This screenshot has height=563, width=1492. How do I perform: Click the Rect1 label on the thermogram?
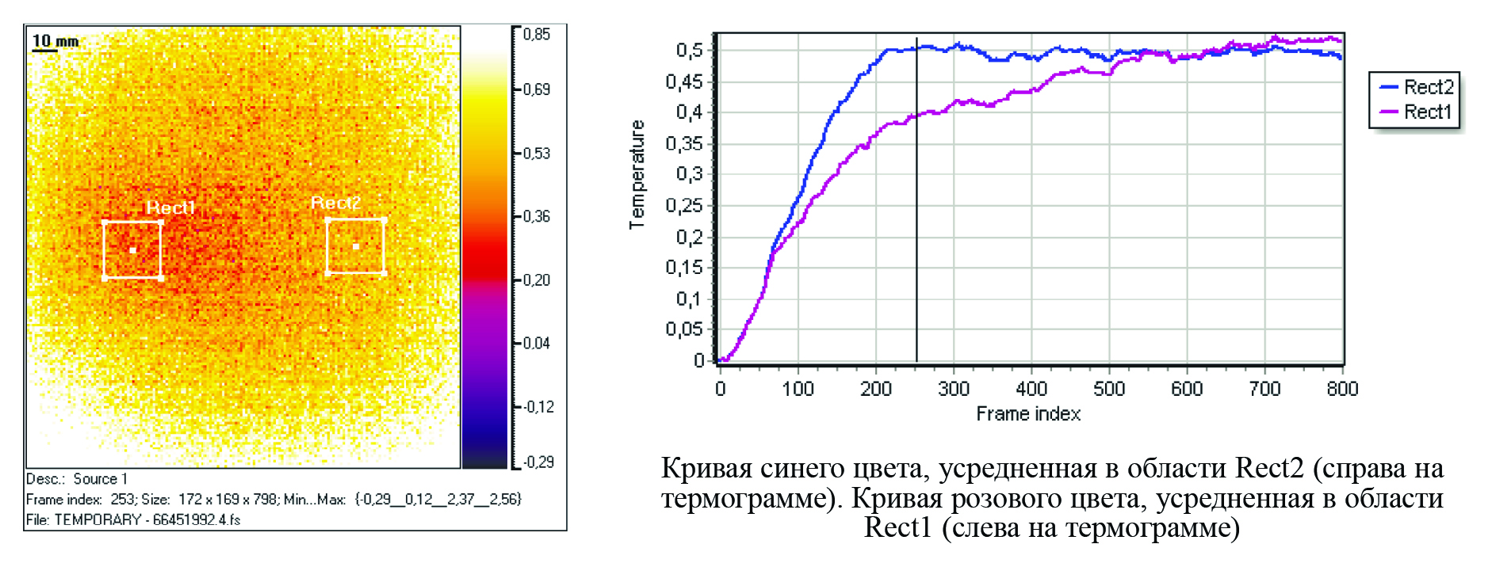[x=170, y=207]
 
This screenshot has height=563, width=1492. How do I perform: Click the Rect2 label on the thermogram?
[x=335, y=203]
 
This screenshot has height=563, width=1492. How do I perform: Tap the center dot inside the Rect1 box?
[x=132, y=250]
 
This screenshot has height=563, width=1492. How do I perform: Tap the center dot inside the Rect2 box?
[x=356, y=247]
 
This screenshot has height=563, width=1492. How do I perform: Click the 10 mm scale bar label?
[x=55, y=40]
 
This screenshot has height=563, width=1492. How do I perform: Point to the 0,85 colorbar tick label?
[x=537, y=34]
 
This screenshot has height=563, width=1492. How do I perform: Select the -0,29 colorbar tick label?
[x=538, y=462]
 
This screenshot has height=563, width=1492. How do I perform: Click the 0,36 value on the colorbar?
[x=537, y=216]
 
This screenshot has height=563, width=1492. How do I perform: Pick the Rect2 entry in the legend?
[x=1429, y=87]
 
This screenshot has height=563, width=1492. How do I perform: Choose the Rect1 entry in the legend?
[x=1427, y=112]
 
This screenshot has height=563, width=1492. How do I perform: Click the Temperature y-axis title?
[x=637, y=175]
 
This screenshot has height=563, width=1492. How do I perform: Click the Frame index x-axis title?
[x=1028, y=414]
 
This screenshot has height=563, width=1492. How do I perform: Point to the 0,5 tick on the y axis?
[x=689, y=51]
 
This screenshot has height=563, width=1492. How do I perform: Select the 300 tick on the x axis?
[x=954, y=389]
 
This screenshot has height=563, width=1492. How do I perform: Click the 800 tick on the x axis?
[x=1342, y=389]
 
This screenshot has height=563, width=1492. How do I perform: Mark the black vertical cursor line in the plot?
[x=917, y=238]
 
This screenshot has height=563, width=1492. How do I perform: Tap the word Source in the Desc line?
[x=95, y=479]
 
